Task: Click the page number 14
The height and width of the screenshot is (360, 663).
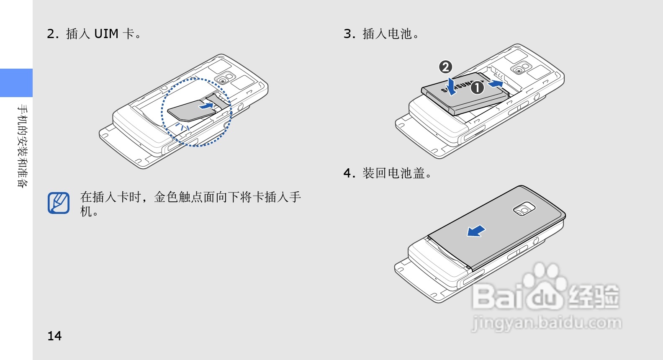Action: click(x=54, y=336)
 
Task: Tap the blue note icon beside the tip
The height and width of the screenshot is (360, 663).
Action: click(x=59, y=203)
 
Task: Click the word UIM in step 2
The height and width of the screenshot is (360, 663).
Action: click(x=106, y=33)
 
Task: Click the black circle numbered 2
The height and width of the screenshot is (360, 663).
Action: click(x=445, y=67)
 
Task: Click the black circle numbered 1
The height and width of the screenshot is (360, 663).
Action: click(x=477, y=88)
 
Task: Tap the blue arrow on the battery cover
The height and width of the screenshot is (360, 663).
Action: click(x=476, y=231)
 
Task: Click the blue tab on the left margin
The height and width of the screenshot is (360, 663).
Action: click(x=16, y=83)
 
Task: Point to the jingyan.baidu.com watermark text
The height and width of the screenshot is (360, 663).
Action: click(x=546, y=323)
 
